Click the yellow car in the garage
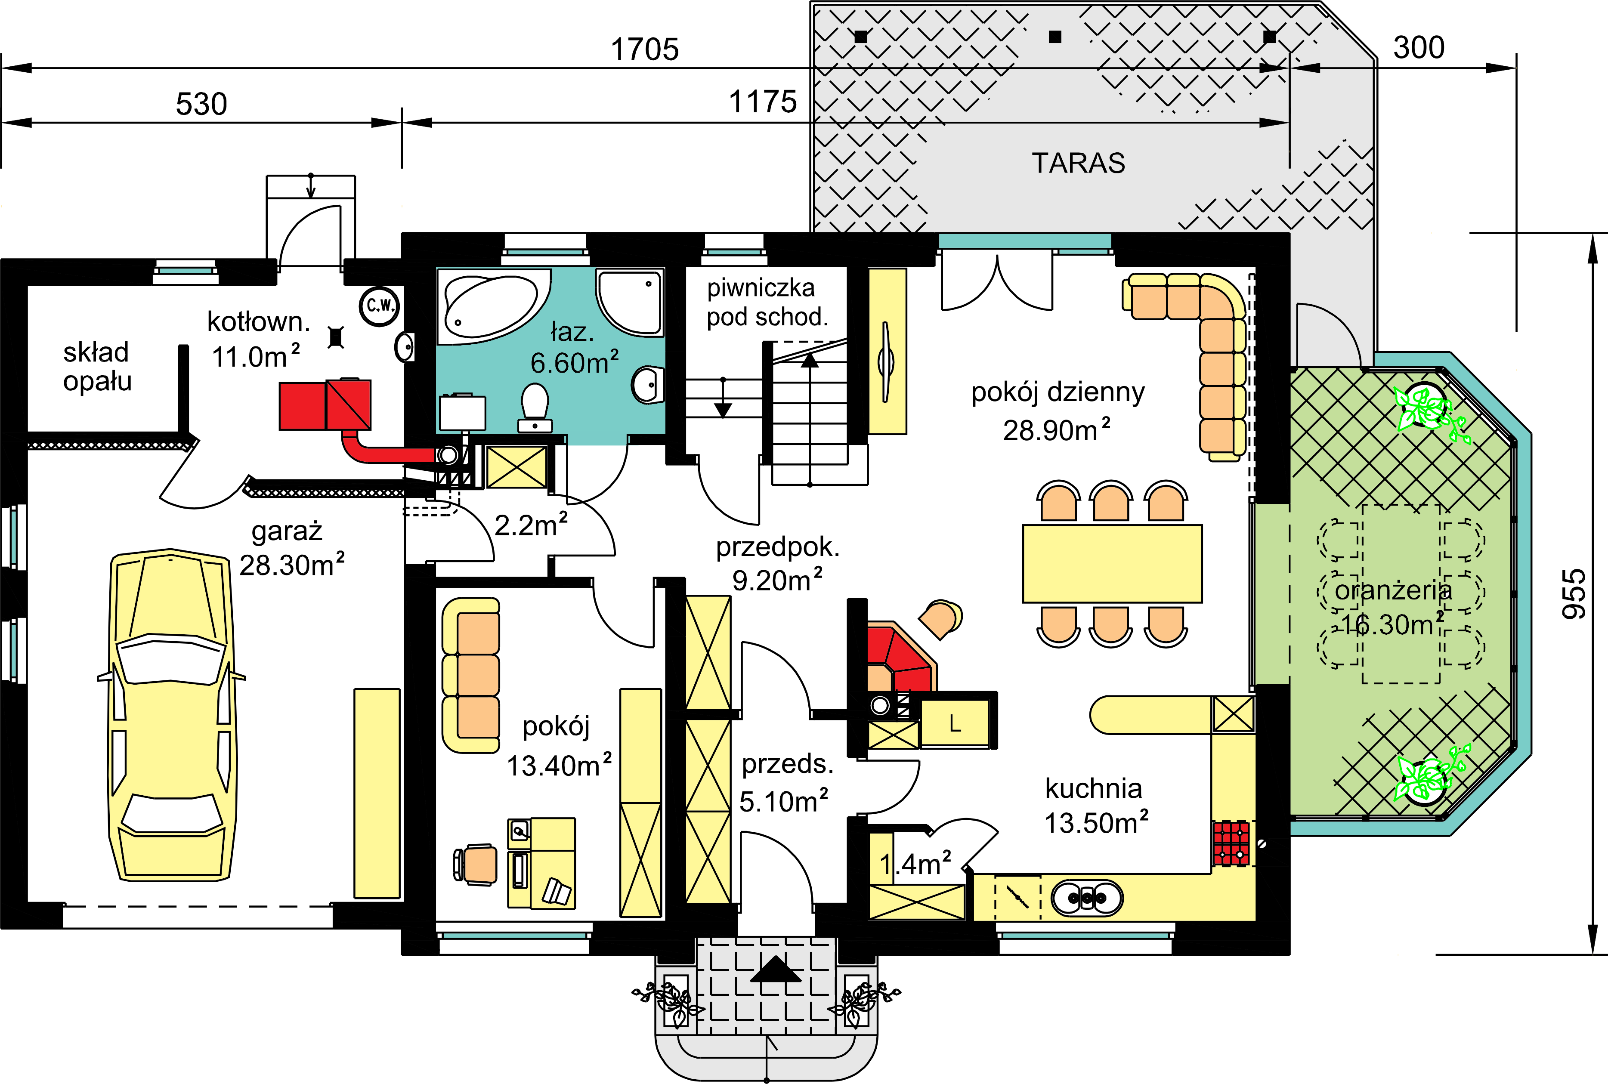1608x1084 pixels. click(x=171, y=716)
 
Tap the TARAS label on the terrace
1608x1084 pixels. click(x=1079, y=163)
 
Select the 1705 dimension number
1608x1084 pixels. click(x=645, y=50)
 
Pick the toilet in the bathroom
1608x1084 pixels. click(x=535, y=408)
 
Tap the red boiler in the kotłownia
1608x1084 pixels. click(x=325, y=405)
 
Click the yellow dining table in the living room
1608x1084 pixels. click(x=1112, y=563)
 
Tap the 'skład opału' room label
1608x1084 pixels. click(x=97, y=366)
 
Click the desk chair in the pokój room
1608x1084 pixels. click(x=476, y=864)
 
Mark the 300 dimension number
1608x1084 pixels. click(x=1419, y=48)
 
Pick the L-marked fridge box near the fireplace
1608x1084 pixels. click(x=955, y=723)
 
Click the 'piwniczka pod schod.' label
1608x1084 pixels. click(x=766, y=302)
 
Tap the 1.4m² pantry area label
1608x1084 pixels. click(x=915, y=864)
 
